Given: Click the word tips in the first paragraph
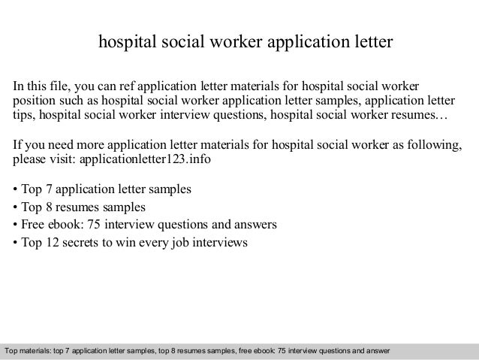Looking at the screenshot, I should click(x=25, y=117).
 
